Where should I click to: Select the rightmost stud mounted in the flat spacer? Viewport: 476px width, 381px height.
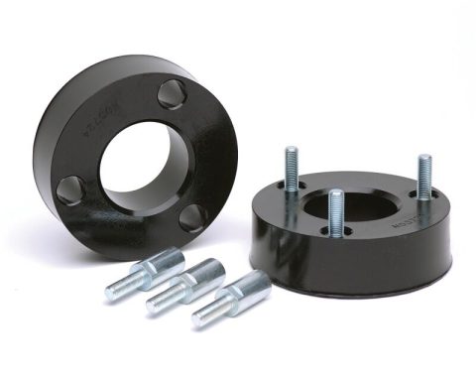point(424,180)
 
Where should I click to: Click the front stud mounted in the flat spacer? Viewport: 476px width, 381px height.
point(336,212)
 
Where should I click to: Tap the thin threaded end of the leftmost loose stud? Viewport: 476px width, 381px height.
point(118,290)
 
